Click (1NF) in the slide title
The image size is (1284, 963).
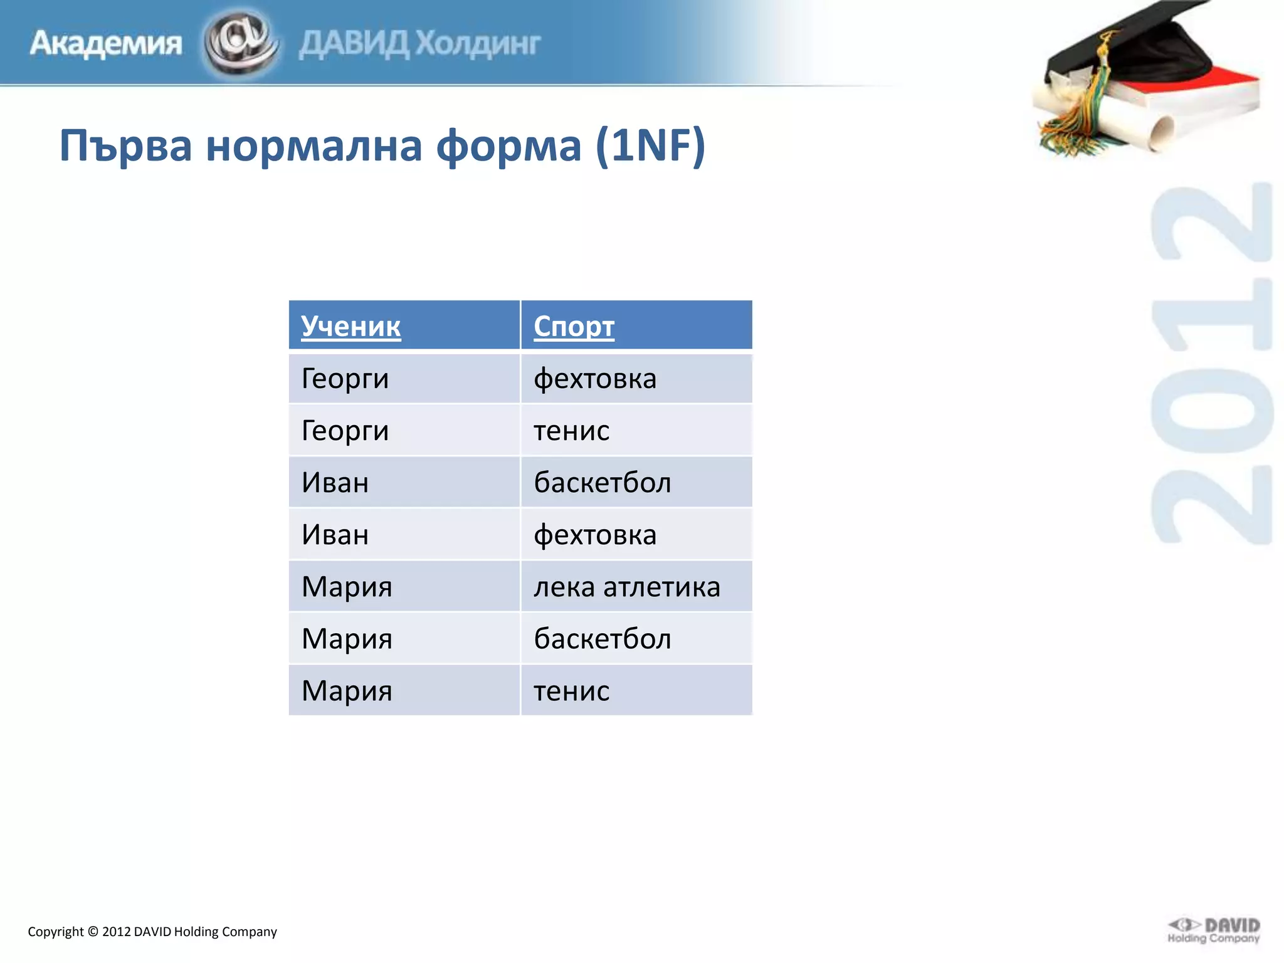tap(650, 145)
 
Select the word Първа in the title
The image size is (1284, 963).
tap(125, 145)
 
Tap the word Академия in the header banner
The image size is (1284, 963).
tap(105, 44)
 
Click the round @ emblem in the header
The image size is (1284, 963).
tap(240, 43)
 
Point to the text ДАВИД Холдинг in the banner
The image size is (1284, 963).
tap(419, 44)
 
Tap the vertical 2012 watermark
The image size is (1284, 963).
tap(1211, 364)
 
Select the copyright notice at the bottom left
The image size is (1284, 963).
tap(152, 932)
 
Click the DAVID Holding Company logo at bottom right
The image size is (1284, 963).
tap(1214, 930)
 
